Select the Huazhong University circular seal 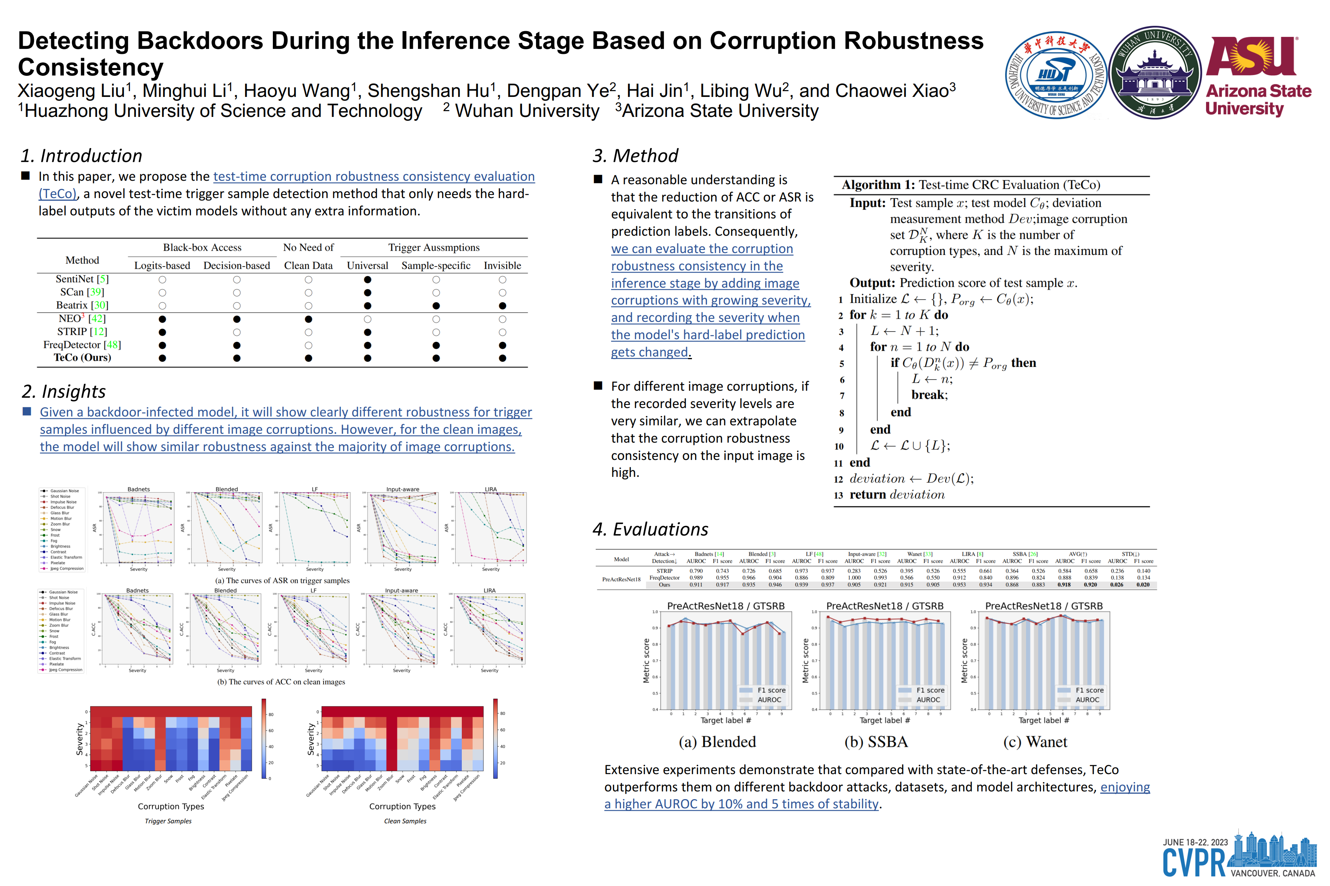[x=1055, y=75]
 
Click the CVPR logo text [x=1193, y=862]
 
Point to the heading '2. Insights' [x=64, y=391]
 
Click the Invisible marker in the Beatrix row [x=502, y=306]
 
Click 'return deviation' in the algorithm [x=897, y=495]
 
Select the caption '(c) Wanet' [x=1035, y=742]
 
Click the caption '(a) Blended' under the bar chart [x=717, y=742]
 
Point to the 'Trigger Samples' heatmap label [x=168, y=821]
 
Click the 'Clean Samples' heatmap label [x=405, y=821]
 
